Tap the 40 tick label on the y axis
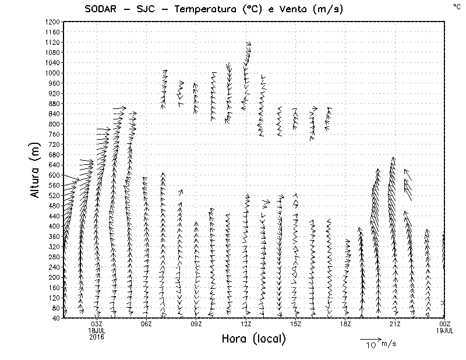pos(56,318)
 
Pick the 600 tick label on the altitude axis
pos(54,175)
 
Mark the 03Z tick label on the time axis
pos(97,324)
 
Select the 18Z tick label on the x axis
pos(345,324)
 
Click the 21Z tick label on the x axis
pos(395,324)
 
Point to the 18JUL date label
pos(97,330)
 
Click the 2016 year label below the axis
pos(97,336)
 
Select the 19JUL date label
pos(445,330)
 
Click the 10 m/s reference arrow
pos(369,338)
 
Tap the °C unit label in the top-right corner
pos(456,6)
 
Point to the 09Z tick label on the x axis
pos(196,324)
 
